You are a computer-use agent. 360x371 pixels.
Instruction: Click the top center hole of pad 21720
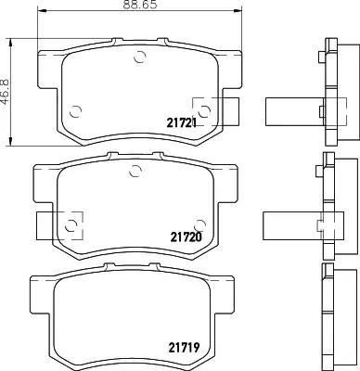click(x=135, y=169)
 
